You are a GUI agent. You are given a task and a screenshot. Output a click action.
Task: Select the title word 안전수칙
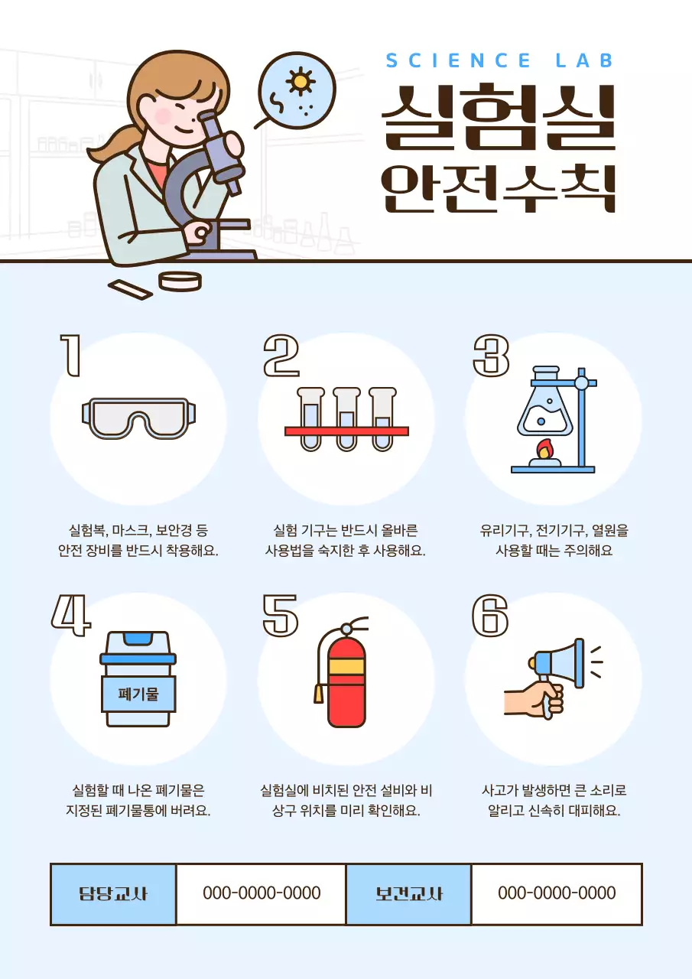pyautogui.click(x=498, y=187)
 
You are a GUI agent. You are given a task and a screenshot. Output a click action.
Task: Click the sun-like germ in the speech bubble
pyautogui.click(x=300, y=81)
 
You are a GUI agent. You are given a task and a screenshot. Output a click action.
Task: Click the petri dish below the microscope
pyautogui.click(x=180, y=281)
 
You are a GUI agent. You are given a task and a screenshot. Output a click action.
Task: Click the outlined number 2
pyautogui.click(x=281, y=356)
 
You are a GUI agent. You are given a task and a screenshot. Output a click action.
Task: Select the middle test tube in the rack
pyautogui.click(x=346, y=418)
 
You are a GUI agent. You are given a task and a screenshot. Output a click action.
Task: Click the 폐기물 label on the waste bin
pyautogui.click(x=138, y=694)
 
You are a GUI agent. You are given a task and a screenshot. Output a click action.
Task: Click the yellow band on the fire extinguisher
pyautogui.click(x=346, y=666)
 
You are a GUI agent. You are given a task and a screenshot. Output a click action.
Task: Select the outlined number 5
pyautogui.click(x=280, y=616)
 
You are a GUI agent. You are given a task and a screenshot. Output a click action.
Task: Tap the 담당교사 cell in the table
pyautogui.click(x=113, y=893)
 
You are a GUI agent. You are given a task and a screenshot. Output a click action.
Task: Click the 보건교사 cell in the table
pyautogui.click(x=408, y=893)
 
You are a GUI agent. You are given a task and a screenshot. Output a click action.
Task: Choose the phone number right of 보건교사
pyautogui.click(x=556, y=893)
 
